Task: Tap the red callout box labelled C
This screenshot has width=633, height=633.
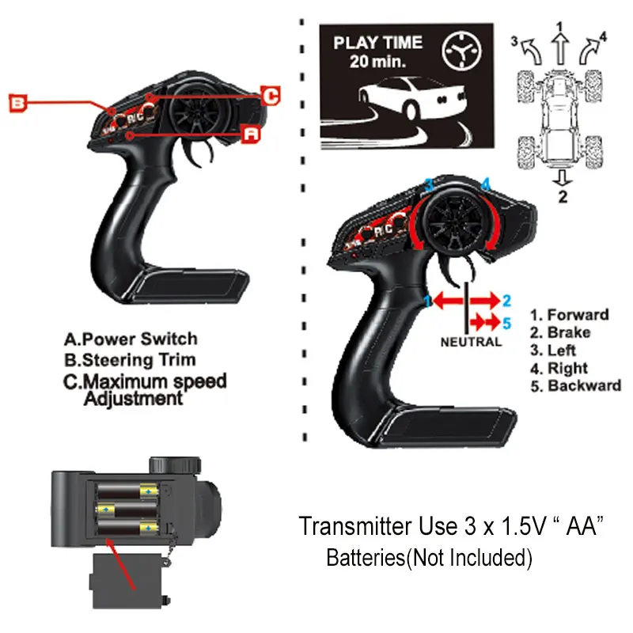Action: coord(270,96)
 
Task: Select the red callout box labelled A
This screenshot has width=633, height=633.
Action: coord(251,135)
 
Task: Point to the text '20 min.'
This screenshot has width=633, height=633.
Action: coord(377,62)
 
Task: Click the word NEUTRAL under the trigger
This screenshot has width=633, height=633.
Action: coord(471,343)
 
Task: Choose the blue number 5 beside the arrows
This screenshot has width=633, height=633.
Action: coord(507,322)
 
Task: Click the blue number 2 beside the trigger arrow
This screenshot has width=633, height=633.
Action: coord(507,300)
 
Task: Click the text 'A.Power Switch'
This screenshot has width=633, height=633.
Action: coord(131,339)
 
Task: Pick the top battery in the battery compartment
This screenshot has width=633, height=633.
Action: coord(125,491)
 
